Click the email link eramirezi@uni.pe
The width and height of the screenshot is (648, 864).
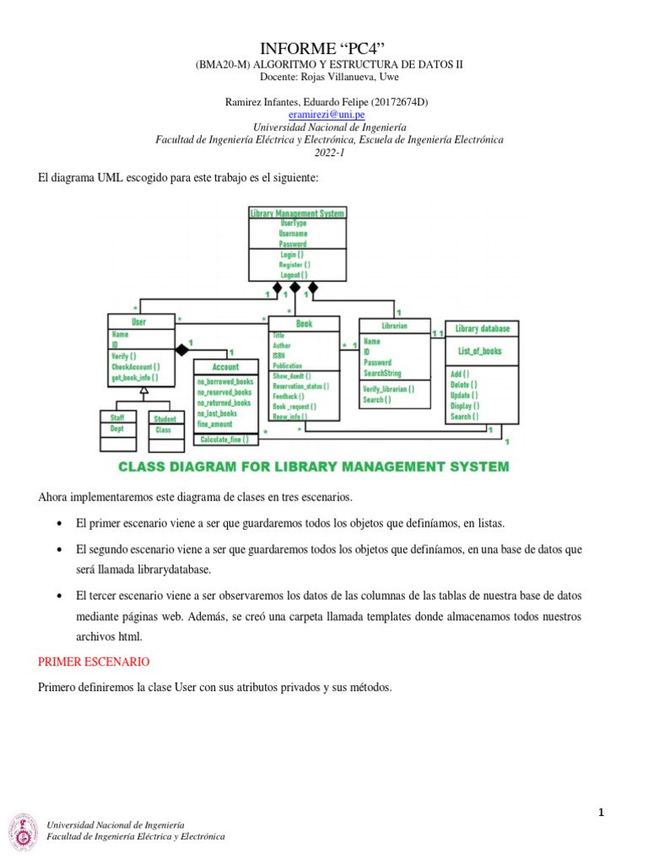[x=326, y=114]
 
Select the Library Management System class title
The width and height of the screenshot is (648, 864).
[x=297, y=213]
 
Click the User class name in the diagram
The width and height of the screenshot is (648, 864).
[x=138, y=322]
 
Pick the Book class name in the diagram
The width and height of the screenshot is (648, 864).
[x=304, y=323]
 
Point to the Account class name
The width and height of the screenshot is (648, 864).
[x=225, y=367]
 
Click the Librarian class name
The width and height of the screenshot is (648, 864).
[x=394, y=325]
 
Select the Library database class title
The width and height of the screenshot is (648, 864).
[x=483, y=328]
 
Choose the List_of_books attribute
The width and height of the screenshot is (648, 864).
[x=480, y=351]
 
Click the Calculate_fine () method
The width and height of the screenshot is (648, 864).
[x=224, y=440]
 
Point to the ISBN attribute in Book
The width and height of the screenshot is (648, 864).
[x=280, y=356]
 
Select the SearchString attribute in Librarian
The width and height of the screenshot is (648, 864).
[x=382, y=373]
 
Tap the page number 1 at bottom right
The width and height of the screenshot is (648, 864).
[x=602, y=813]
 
